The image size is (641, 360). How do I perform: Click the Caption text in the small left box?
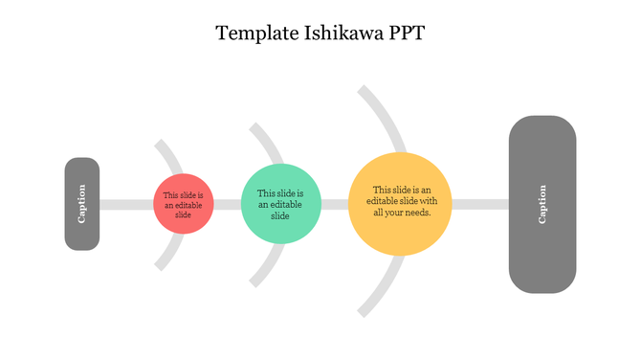(x=82, y=203)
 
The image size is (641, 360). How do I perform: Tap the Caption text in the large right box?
(x=542, y=204)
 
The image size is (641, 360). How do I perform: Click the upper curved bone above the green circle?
(x=269, y=144)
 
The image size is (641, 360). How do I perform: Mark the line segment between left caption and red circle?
(x=126, y=204)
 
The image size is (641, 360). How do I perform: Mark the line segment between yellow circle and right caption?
(x=479, y=204)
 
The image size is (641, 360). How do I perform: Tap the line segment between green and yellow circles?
(x=334, y=204)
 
